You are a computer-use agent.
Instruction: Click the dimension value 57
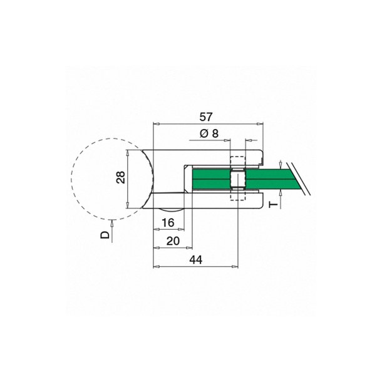coord(207,116)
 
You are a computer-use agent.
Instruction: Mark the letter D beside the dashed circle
coord(105,235)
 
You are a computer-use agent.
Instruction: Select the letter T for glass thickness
coord(272,205)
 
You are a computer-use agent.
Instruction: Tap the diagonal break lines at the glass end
coord(301,178)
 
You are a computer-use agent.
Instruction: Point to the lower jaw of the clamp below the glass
coord(213,200)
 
